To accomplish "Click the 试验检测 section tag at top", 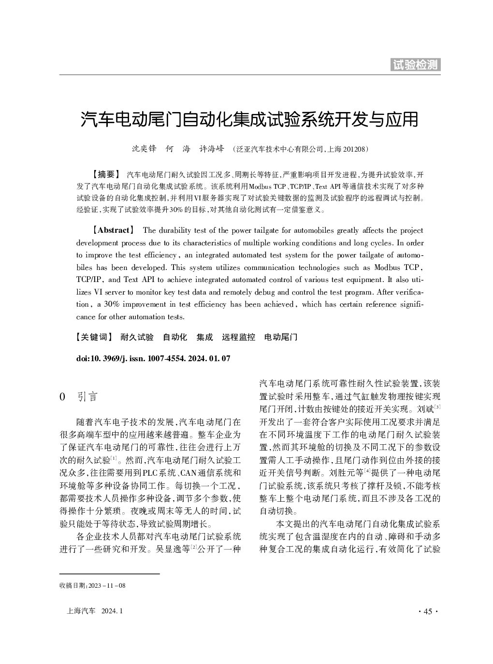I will (415, 65).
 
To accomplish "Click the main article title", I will (249, 119).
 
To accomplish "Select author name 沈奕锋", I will (144, 149).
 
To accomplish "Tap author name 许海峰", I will (212, 149).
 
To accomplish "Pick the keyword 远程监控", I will (238, 337).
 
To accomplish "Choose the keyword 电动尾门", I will (281, 337).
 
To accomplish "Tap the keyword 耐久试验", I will (137, 337).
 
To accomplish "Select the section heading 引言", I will (87, 397).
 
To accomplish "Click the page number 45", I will (427, 611).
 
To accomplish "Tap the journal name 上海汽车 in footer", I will (81, 611).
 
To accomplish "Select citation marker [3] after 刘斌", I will (437, 407).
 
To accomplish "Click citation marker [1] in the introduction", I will (113, 457).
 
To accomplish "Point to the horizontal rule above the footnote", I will (109, 574).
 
